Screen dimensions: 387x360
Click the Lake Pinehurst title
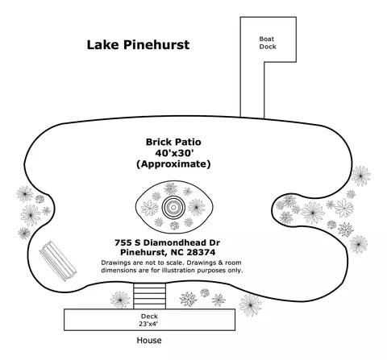[138, 45]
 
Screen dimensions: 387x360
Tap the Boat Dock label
[268, 43]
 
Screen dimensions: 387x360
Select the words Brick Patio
[173, 142]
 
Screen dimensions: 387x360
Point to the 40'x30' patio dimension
[174, 153]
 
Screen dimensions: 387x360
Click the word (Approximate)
[173, 164]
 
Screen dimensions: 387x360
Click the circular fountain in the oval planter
[173, 207]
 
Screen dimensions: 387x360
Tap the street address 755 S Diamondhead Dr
[167, 242]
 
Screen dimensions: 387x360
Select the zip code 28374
[201, 252]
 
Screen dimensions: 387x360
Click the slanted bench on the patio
[58, 261]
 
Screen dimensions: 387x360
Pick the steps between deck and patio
[149, 296]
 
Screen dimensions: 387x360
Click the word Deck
[149, 317]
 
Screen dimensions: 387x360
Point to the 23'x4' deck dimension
[148, 324]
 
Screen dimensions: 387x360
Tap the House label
[149, 341]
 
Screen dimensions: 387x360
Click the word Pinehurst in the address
[142, 252]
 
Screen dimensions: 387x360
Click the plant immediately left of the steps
[120, 300]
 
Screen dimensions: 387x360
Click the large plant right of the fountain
[197, 207]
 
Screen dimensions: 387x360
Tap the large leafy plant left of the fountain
[150, 208]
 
